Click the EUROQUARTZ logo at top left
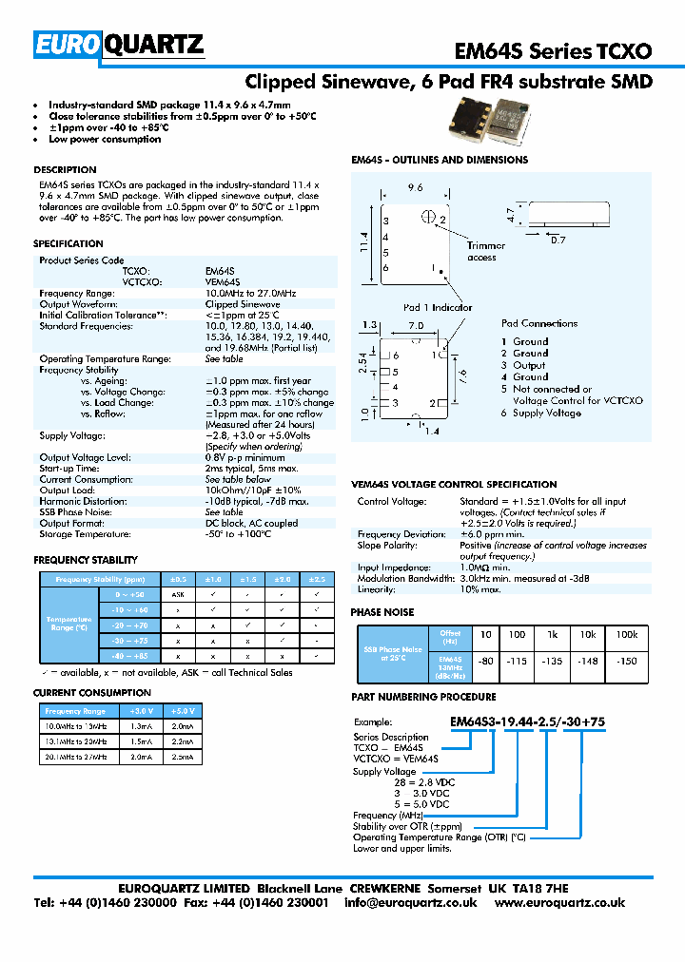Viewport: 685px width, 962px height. [x=118, y=45]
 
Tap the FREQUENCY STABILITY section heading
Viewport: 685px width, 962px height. [x=86, y=560]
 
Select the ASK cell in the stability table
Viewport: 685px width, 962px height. [x=177, y=594]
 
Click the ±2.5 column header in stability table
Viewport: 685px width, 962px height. [x=316, y=579]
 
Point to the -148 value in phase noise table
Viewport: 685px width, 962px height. [x=589, y=661]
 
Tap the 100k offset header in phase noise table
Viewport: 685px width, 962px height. [x=627, y=634]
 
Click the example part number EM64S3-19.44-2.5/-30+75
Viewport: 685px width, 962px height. [x=528, y=721]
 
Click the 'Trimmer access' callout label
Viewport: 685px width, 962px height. [x=481, y=252]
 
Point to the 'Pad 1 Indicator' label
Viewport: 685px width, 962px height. [x=438, y=307]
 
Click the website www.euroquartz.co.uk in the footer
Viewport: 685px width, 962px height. [x=560, y=902]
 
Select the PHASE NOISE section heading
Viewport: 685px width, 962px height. [x=382, y=612]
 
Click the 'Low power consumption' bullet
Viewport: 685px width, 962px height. [x=105, y=139]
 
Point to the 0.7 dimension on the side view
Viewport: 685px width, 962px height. [x=558, y=240]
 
